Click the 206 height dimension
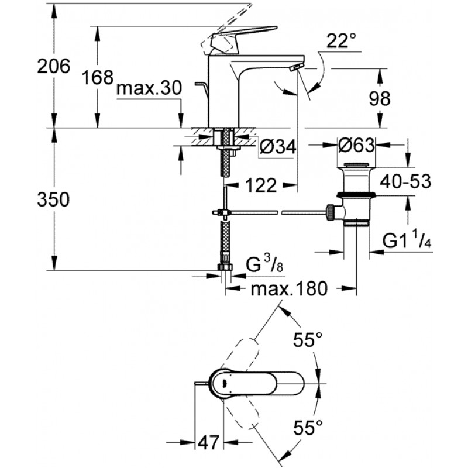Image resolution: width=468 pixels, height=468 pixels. tap(54, 66)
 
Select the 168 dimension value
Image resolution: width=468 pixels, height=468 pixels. tap(98, 77)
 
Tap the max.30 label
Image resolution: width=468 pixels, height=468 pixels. tap(149, 88)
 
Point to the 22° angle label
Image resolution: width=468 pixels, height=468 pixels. tap(341, 40)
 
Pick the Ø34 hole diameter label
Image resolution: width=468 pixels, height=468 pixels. tap(277, 147)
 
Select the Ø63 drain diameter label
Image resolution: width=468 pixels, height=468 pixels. tap(356, 145)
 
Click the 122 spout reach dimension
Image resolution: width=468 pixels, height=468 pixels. tap(261, 185)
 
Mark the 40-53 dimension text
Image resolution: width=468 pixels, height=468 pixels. tap(405, 181)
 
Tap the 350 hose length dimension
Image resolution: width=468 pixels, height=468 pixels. tap(53, 199)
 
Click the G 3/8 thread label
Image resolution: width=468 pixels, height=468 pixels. tap(264, 264)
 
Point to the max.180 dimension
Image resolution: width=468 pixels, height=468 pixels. tap(289, 288)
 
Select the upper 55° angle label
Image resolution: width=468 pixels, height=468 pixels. tap(308, 339)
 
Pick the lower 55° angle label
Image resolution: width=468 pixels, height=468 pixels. tap(308, 427)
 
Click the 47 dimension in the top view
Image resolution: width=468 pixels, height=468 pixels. tap(209, 442)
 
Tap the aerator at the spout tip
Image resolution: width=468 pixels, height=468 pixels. tap(297, 67)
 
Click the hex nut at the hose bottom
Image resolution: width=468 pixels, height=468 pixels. tap(225, 267)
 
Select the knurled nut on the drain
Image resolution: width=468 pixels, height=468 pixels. tap(331, 212)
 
